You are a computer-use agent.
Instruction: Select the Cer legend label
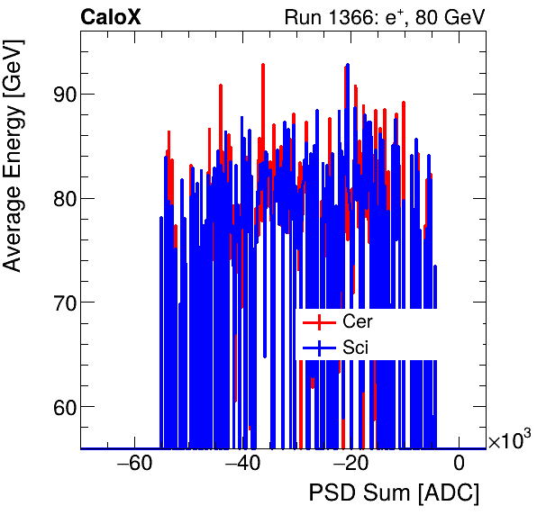click(x=358, y=321)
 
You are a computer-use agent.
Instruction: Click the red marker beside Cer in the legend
click(x=320, y=321)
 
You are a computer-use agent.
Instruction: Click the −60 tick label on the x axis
click(x=134, y=465)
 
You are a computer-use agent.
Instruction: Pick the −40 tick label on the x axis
click(x=242, y=465)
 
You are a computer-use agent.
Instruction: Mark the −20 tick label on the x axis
click(x=350, y=465)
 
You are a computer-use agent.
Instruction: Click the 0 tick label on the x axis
click(x=459, y=465)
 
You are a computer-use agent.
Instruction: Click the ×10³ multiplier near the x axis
click(x=510, y=441)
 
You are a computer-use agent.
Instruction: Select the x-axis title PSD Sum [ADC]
click(x=394, y=494)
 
